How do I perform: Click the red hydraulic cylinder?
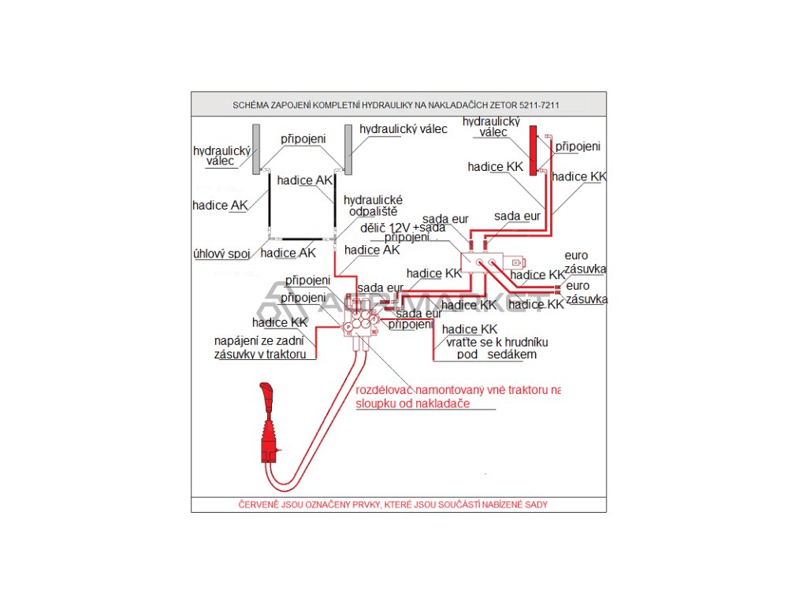click(534, 150)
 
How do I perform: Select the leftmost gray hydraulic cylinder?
click(256, 150)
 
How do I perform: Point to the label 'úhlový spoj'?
click(221, 254)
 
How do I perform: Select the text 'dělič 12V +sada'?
click(403, 227)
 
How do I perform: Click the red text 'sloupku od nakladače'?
click(413, 403)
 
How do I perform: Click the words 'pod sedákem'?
click(496, 354)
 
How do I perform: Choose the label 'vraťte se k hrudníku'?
click(496, 342)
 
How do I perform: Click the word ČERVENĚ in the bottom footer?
click(259, 504)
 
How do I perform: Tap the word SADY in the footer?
click(536, 504)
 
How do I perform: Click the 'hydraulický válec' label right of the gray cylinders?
click(403, 128)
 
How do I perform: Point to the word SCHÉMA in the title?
click(251, 105)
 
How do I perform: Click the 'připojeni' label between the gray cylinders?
click(303, 138)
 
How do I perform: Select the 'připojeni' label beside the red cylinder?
click(578, 147)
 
